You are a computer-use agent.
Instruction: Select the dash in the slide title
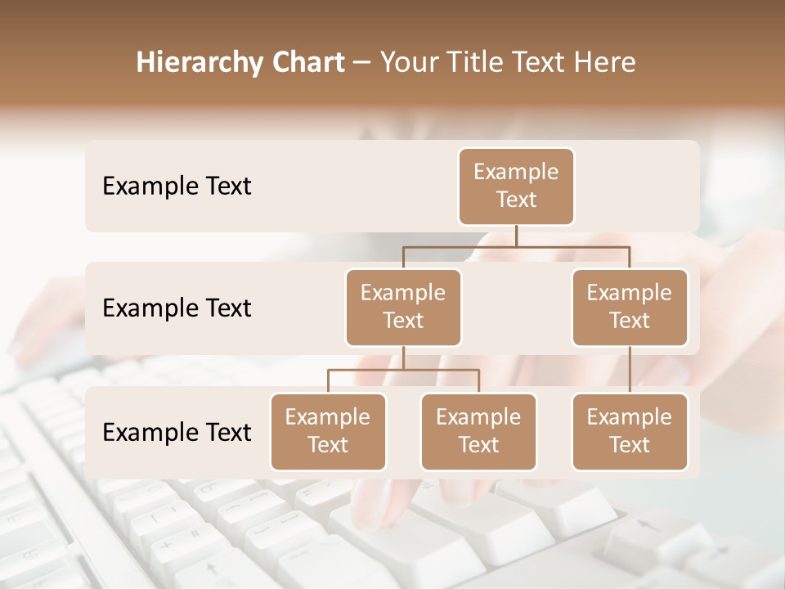pyautogui.click(x=362, y=63)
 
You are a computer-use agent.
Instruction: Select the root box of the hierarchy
pyautogui.click(x=516, y=186)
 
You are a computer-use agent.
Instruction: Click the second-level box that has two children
pyautogui.click(x=403, y=307)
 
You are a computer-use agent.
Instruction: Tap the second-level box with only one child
pyautogui.click(x=630, y=307)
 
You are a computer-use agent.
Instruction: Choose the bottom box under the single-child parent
pyautogui.click(x=630, y=431)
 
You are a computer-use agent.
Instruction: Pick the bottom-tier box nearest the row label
pyautogui.click(x=328, y=431)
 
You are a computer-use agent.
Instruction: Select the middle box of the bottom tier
pyautogui.click(x=478, y=431)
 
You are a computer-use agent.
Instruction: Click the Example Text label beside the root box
pyautogui.click(x=177, y=187)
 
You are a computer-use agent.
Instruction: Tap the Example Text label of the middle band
pyautogui.click(x=177, y=308)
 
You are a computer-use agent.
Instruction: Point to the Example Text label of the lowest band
pyautogui.click(x=177, y=433)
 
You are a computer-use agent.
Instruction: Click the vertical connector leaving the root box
pyautogui.click(x=516, y=236)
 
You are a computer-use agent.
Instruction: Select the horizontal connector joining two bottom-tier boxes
pyautogui.click(x=403, y=370)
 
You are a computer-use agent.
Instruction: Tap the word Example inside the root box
pyautogui.click(x=516, y=172)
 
